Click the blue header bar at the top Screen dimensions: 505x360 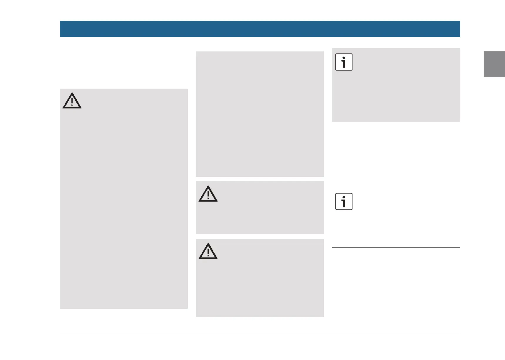[260, 29]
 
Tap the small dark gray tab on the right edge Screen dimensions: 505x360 [494, 64]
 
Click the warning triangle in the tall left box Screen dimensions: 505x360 [72, 101]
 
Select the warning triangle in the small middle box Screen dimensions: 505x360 [208, 194]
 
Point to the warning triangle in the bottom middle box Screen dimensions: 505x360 [208, 252]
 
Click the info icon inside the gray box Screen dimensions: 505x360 [344, 62]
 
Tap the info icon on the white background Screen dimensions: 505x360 [344, 202]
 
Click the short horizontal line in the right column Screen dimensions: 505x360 [396, 247]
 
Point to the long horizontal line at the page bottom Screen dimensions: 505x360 [260, 333]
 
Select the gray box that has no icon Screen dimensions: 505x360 [260, 114]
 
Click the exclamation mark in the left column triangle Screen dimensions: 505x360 [72, 102]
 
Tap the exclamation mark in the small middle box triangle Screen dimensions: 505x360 [208, 195]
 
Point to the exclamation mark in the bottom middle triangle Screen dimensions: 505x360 [208, 252]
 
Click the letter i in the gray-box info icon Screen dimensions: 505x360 [344, 62]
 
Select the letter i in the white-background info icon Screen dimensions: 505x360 [344, 202]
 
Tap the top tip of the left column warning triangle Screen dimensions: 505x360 [72, 93]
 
